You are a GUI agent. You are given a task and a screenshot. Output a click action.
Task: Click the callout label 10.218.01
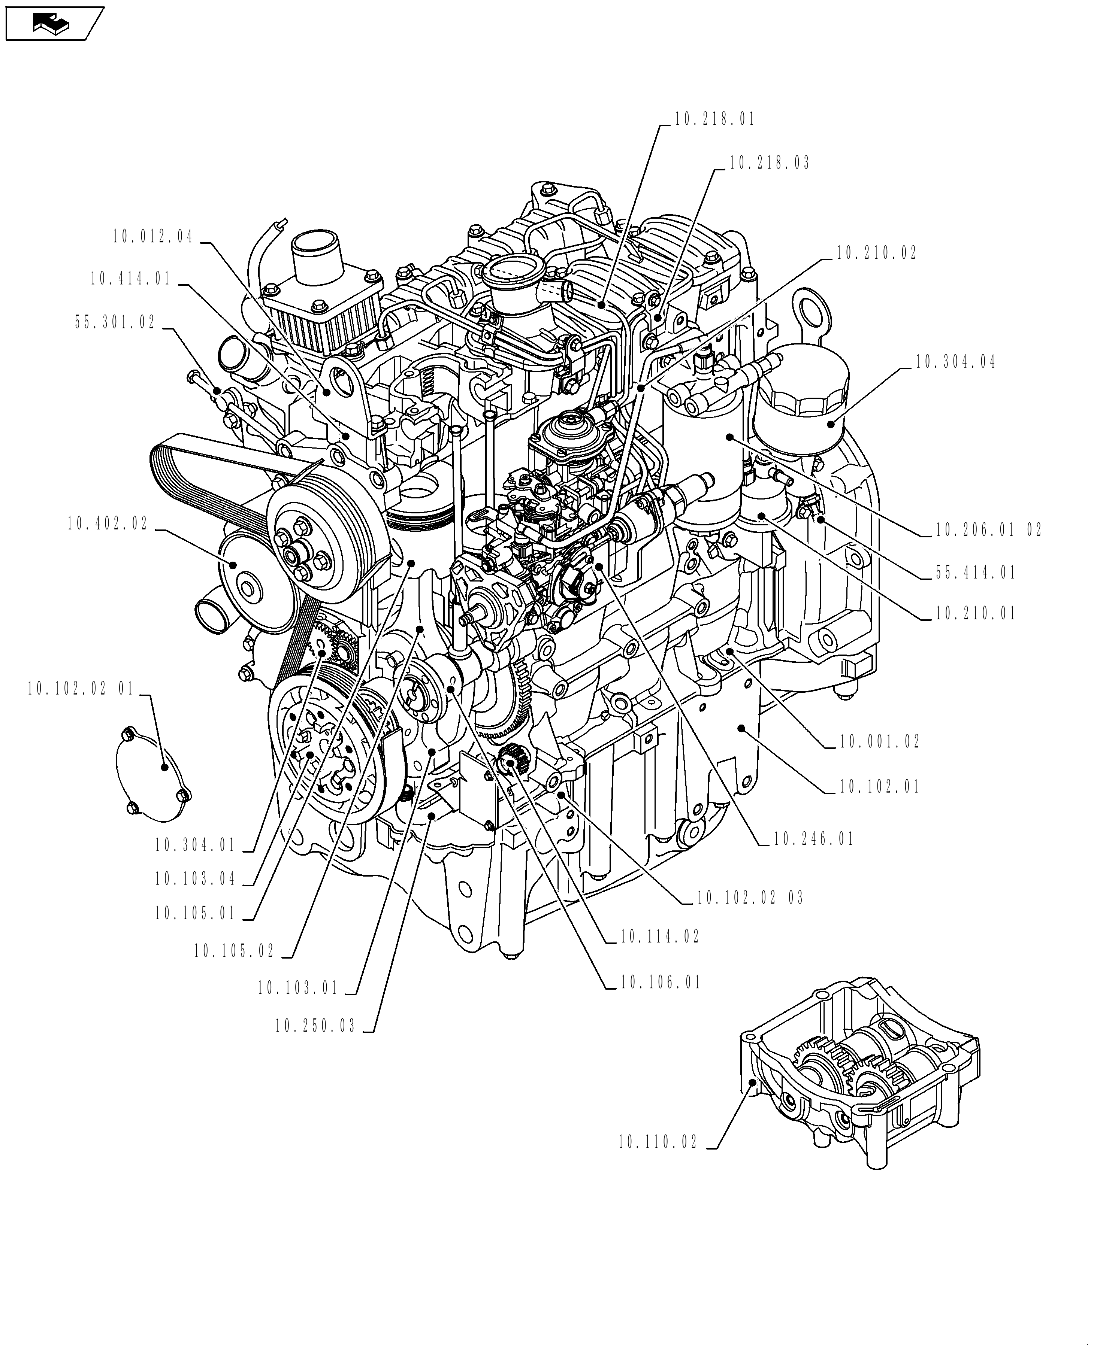point(714,120)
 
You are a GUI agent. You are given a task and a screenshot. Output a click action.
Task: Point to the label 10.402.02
point(108,523)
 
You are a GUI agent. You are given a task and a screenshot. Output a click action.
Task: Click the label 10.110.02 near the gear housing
point(658,1142)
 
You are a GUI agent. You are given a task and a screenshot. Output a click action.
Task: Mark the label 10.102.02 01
point(81,689)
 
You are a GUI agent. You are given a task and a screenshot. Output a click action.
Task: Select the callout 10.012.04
point(153,237)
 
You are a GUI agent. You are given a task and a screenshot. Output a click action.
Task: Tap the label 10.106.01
point(661,983)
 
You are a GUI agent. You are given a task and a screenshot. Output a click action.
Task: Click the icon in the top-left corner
point(54,24)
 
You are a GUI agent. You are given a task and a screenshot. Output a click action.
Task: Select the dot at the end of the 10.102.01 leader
point(741,728)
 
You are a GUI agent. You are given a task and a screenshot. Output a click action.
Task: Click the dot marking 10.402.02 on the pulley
point(233,564)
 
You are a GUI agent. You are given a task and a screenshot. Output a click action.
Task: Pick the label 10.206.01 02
point(988,530)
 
